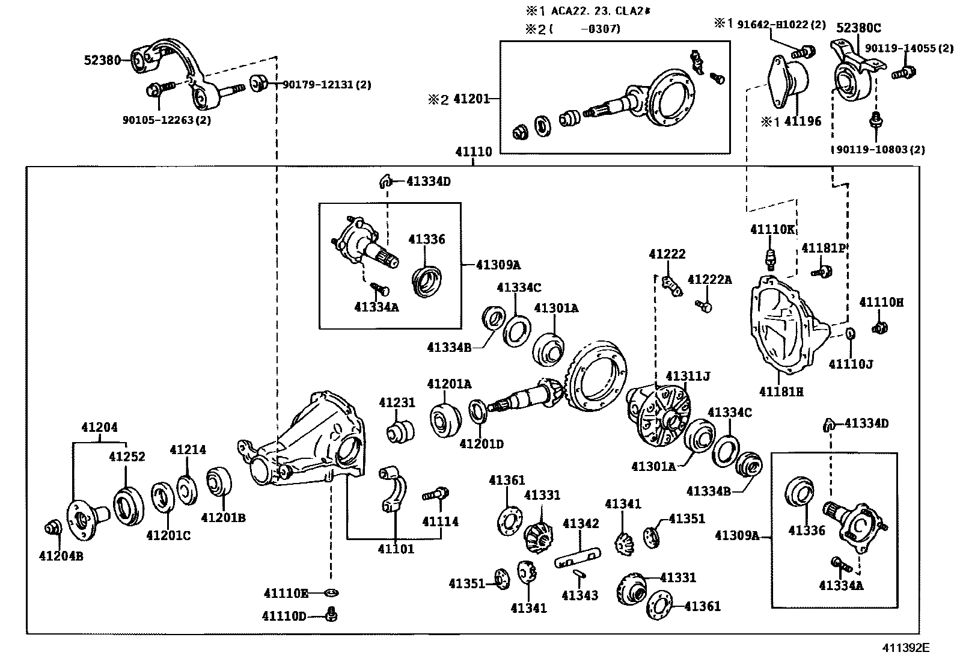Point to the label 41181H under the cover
point(781,392)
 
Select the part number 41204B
point(61,556)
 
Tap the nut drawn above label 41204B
point(52,527)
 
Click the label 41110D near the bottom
point(284,616)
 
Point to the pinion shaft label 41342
point(581,523)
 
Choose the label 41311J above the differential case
point(688,377)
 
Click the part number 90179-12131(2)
point(326,85)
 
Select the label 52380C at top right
point(858,27)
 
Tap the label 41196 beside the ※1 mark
point(803,121)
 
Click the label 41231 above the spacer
point(397,402)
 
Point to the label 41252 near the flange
point(127,457)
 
